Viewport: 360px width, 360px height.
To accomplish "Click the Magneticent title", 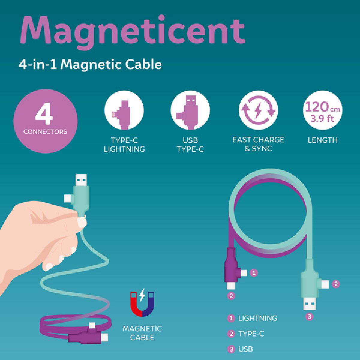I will (132, 30).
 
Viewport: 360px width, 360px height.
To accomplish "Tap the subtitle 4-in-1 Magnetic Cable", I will (90, 64).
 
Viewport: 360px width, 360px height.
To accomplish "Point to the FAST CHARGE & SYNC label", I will (258, 144).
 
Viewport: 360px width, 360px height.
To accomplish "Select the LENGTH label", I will (322, 140).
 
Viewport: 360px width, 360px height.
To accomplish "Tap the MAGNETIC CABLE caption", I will (142, 333).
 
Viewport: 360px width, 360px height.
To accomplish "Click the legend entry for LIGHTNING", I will (257, 318).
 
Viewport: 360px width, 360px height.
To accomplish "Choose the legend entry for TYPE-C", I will (251, 334).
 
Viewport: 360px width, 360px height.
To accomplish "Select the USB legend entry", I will (245, 349).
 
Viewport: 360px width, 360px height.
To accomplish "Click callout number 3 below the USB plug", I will (309, 316).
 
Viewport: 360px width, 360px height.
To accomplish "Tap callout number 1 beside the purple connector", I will (254, 273).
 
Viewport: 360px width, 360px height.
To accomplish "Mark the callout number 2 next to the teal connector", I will (336, 283).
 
